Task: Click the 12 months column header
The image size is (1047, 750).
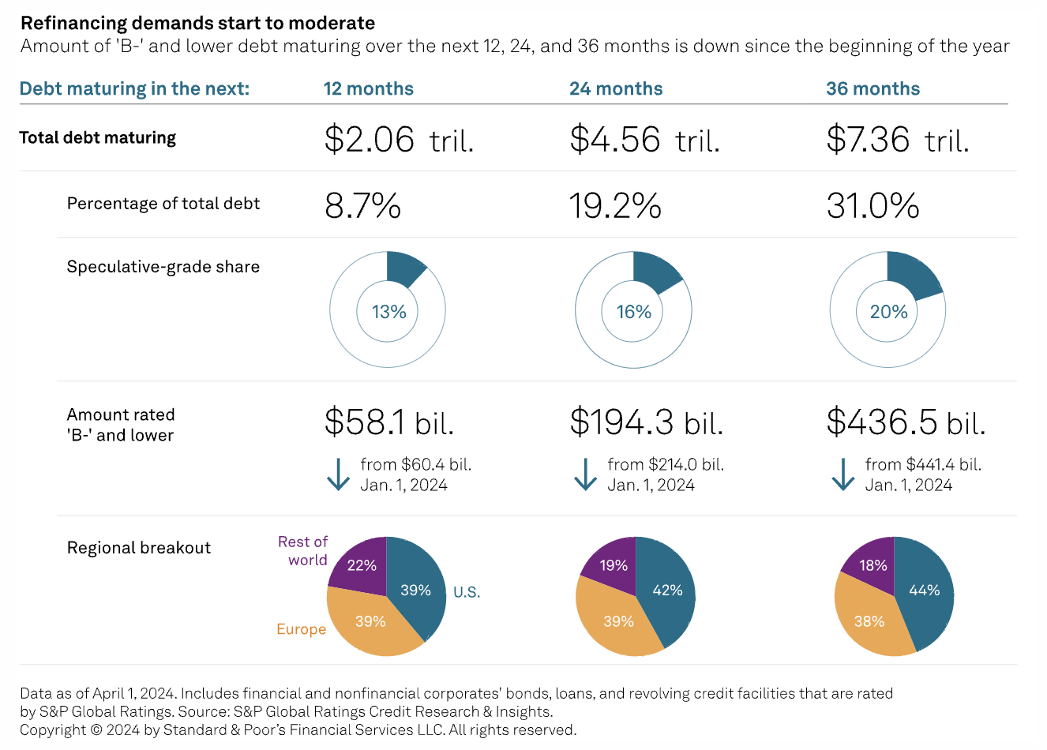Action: pyautogui.click(x=368, y=88)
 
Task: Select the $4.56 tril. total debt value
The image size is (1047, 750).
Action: pyautogui.click(x=644, y=140)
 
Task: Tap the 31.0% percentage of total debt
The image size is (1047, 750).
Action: pyautogui.click(x=872, y=206)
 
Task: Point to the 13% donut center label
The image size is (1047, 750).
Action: pyautogui.click(x=388, y=312)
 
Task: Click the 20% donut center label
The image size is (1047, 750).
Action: pyautogui.click(x=888, y=312)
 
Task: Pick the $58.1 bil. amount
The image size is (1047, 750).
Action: pyautogui.click(x=388, y=422)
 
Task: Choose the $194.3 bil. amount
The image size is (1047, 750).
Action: pyautogui.click(x=646, y=422)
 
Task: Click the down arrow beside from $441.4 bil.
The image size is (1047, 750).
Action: pyautogui.click(x=842, y=474)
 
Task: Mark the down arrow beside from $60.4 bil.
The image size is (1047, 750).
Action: pyautogui.click(x=339, y=474)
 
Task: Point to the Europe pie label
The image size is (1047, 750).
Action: pyautogui.click(x=301, y=629)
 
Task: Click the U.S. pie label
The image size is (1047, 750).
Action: pyautogui.click(x=466, y=592)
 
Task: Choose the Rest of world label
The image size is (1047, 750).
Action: pyautogui.click(x=302, y=551)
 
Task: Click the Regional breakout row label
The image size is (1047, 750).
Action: pyautogui.click(x=139, y=548)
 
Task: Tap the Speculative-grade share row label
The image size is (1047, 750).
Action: pyautogui.click(x=163, y=267)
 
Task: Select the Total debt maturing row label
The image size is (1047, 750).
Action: pyautogui.click(x=97, y=137)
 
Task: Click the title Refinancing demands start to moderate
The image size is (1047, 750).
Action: pyautogui.click(x=197, y=23)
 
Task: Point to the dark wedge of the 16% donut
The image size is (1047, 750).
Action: pyautogui.click(x=654, y=271)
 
